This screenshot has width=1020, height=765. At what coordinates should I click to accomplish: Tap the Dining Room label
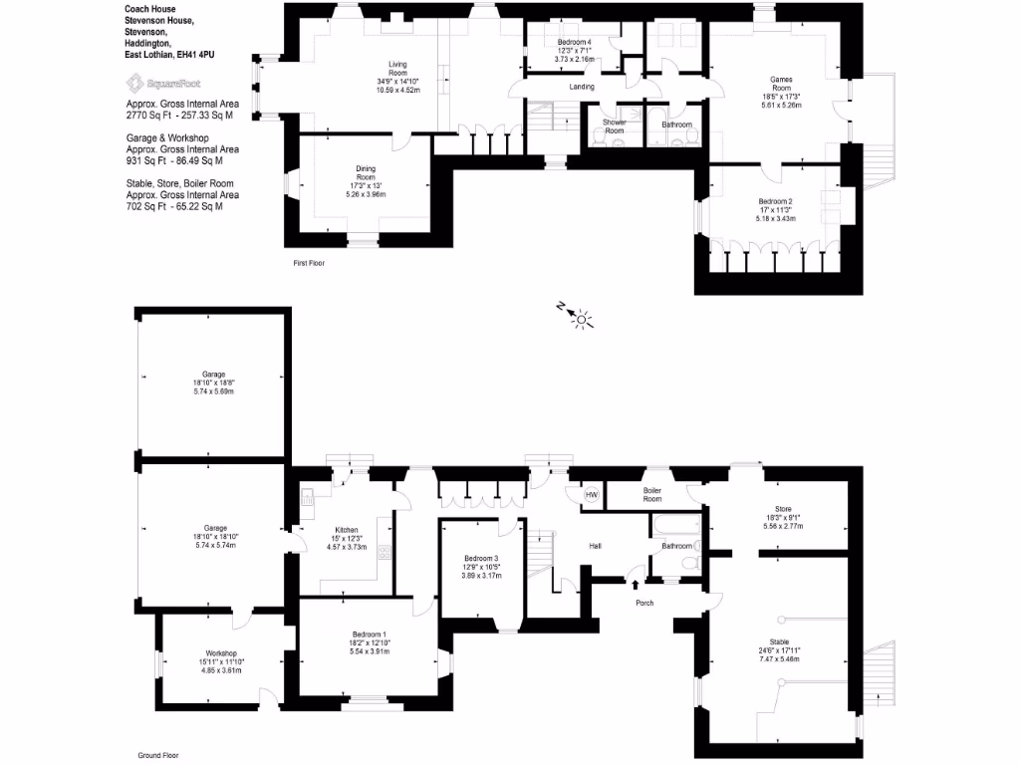click(x=366, y=172)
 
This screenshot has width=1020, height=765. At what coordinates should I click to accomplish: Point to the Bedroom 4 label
click(x=574, y=42)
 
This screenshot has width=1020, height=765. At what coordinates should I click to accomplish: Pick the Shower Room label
click(x=614, y=127)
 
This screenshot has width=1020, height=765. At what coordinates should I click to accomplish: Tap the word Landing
click(x=582, y=87)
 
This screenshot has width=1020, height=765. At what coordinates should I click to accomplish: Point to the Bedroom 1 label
click(x=369, y=635)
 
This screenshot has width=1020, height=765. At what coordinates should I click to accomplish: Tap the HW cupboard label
click(x=591, y=495)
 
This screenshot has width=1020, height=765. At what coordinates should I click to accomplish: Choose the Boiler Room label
click(x=652, y=494)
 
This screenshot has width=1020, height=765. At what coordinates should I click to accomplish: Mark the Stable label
click(x=779, y=641)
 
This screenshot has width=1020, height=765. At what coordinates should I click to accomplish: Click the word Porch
click(x=644, y=603)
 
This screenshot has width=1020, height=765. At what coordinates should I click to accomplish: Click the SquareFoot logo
click(x=161, y=83)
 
